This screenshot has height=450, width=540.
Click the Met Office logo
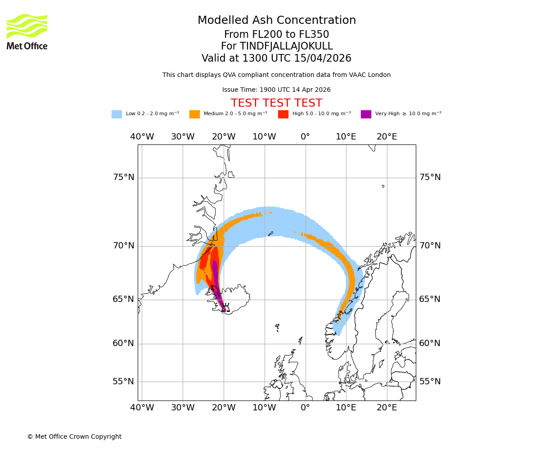(27, 31)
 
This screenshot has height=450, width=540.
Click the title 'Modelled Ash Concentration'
(276, 21)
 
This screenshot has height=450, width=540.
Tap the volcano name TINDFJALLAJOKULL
(286, 46)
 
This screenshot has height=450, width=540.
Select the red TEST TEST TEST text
(276, 103)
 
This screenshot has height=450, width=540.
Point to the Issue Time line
(276, 90)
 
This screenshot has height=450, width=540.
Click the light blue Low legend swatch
(117, 114)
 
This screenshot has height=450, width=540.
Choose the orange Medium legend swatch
(194, 114)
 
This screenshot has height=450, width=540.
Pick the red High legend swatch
(283, 114)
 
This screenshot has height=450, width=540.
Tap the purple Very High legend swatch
(366, 114)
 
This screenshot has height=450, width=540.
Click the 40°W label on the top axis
(142, 137)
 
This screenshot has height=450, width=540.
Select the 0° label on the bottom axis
(305, 408)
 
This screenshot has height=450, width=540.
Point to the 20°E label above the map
(387, 137)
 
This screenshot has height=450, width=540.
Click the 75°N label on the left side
(123, 177)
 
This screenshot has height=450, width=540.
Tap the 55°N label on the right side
(430, 382)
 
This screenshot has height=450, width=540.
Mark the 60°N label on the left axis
(123, 343)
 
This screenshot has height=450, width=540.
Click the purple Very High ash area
(216, 274)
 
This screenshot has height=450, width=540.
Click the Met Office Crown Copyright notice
(74, 437)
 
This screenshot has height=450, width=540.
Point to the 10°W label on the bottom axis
(264, 408)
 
